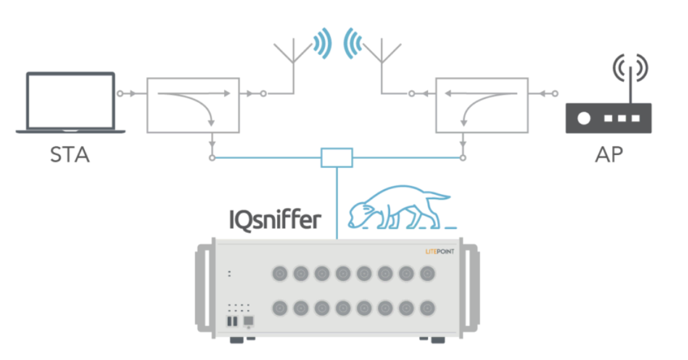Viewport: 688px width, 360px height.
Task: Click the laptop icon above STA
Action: [x=70, y=102]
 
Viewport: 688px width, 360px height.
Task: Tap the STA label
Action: [x=70, y=154]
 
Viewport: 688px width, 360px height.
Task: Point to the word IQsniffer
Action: [x=274, y=219]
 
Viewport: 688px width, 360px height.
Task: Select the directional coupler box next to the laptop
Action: [x=193, y=105]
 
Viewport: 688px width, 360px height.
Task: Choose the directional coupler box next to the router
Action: [x=481, y=105]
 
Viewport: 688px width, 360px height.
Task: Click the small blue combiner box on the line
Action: [x=336, y=158]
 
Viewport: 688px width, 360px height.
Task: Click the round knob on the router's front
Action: [x=582, y=119]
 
